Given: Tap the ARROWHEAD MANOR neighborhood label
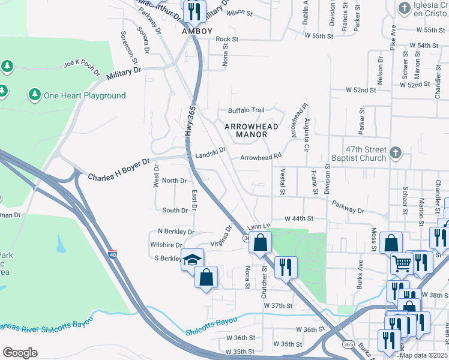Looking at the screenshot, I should (246, 130).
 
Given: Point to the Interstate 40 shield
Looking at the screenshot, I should (113, 255).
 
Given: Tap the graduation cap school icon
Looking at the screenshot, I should (193, 260).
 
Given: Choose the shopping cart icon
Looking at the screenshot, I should (402, 263).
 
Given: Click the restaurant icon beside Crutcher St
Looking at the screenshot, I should (286, 265).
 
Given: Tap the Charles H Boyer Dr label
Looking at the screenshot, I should (119, 170).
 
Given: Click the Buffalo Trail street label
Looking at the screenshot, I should (246, 110).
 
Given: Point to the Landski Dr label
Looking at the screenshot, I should (209, 151).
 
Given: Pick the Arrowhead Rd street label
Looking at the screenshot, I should (261, 157).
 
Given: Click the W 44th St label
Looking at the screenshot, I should (299, 219).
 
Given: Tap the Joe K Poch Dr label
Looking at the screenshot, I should (81, 66).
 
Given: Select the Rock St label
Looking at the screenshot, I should (227, 39).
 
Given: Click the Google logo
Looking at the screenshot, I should (20, 352).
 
